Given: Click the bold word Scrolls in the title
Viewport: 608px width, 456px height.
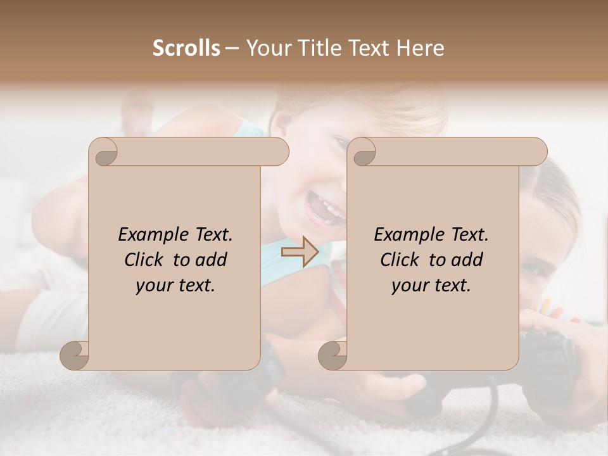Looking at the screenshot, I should (186, 48).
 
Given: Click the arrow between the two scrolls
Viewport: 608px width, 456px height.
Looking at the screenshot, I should (300, 251).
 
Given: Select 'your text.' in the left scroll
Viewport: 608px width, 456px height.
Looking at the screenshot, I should (175, 286).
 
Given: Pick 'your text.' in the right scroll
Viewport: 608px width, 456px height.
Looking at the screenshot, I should (431, 286).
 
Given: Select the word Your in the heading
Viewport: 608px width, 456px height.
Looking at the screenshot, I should (266, 48).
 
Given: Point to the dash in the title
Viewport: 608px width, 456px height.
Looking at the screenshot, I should (232, 49).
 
